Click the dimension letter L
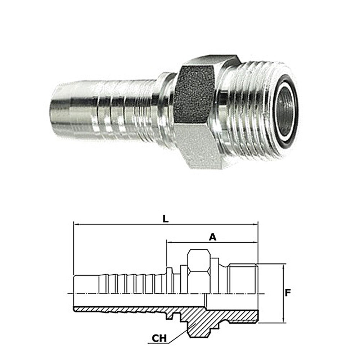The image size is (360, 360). pyautogui.click(x=166, y=219)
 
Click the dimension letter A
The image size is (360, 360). pyautogui.click(x=213, y=237)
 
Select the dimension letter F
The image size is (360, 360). pyautogui.click(x=288, y=293)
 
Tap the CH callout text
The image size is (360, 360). pyautogui.click(x=159, y=338)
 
